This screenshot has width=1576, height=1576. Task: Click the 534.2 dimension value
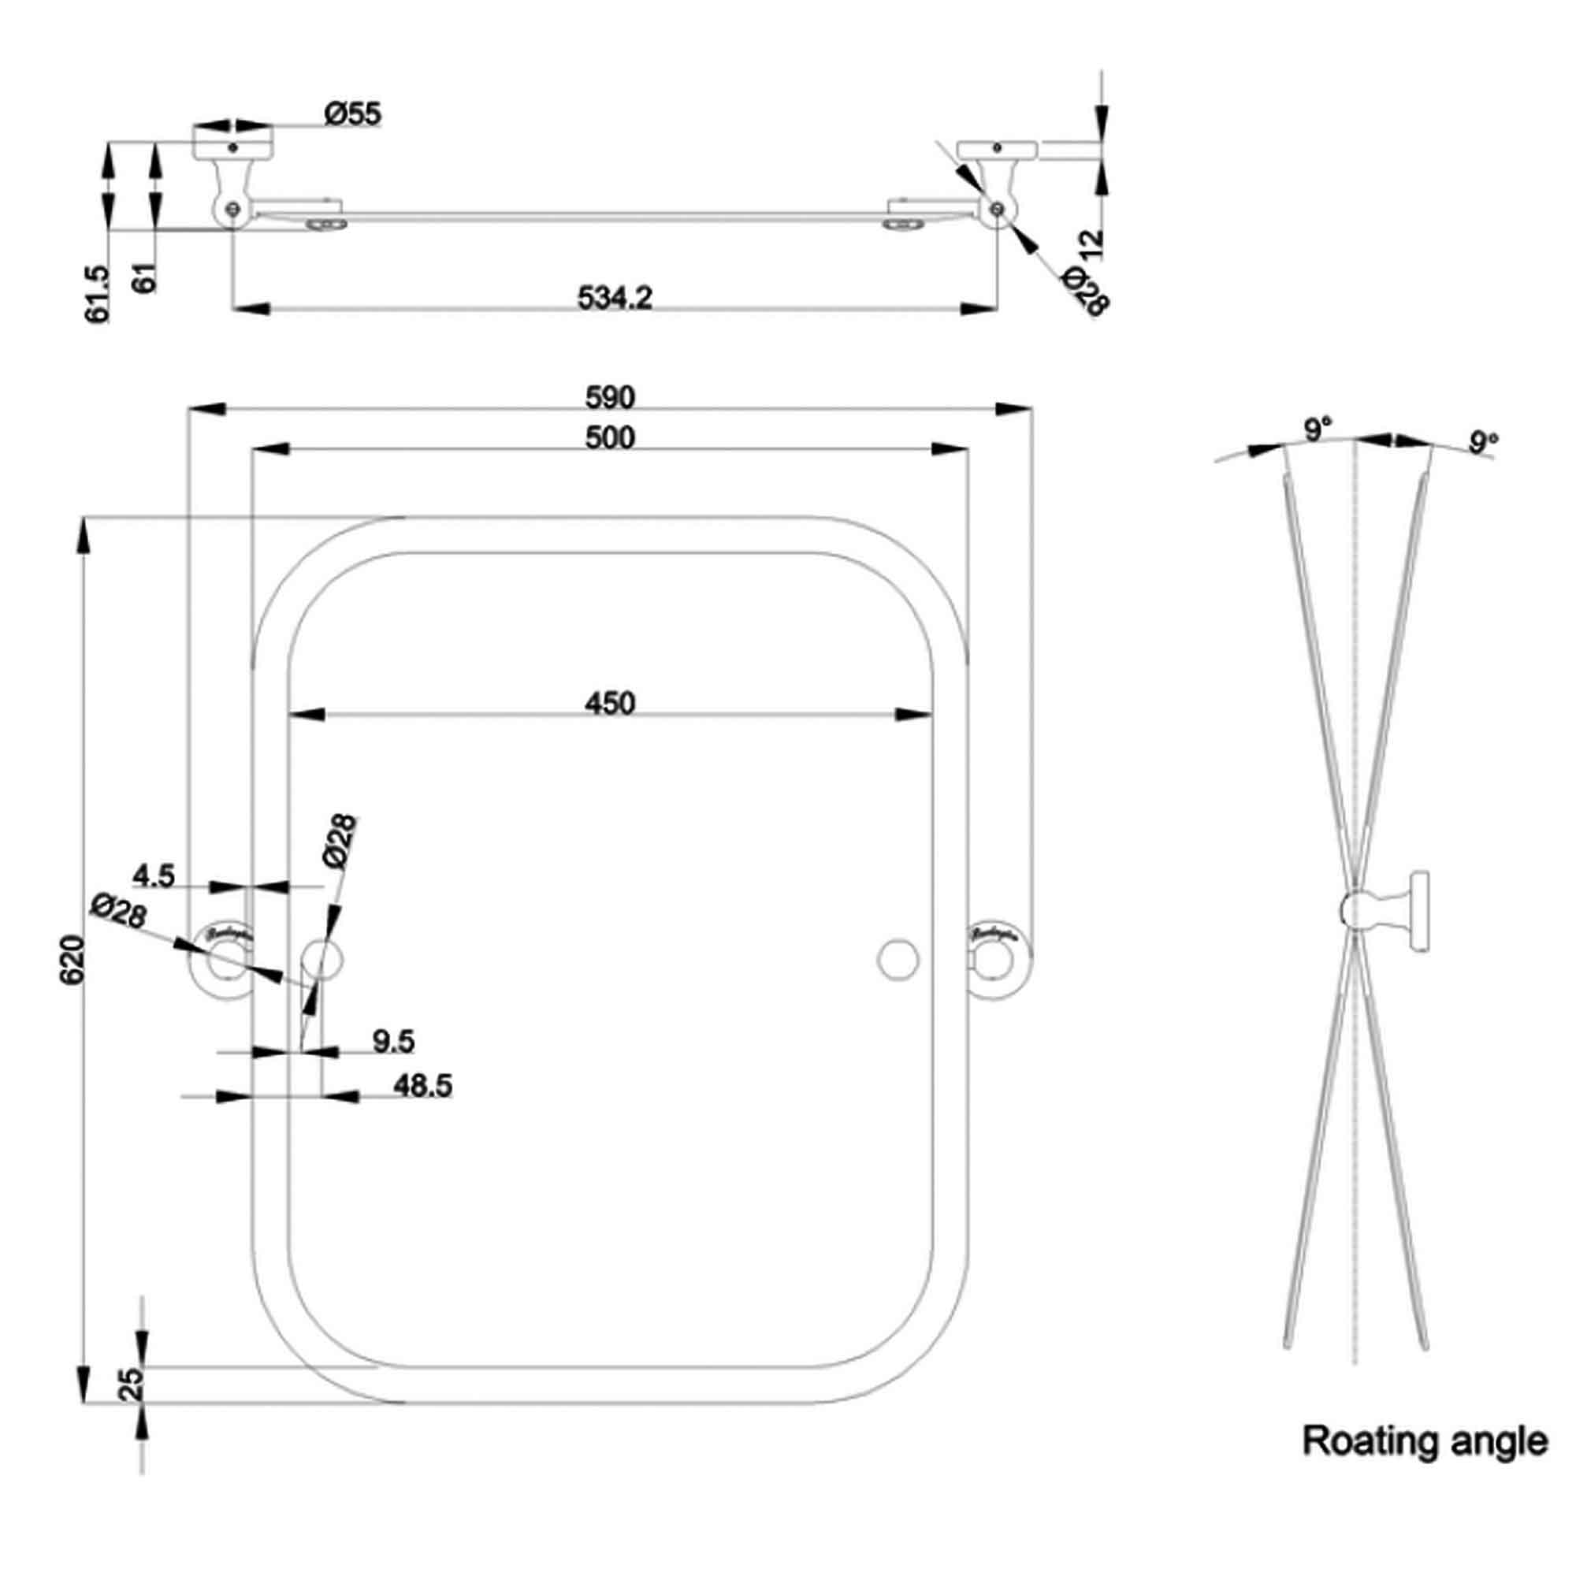click(x=615, y=297)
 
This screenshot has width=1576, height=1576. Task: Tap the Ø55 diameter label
click(x=352, y=113)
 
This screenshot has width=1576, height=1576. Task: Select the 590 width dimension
click(x=609, y=397)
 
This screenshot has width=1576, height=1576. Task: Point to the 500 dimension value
click(x=609, y=438)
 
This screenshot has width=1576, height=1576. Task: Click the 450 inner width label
click(x=609, y=702)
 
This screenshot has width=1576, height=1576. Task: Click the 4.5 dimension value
click(x=154, y=876)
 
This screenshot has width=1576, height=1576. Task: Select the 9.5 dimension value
click(x=393, y=1041)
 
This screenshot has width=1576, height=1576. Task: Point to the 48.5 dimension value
click(x=422, y=1086)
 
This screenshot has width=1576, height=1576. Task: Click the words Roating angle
click(x=1424, y=1441)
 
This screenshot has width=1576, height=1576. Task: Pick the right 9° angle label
click(x=1484, y=442)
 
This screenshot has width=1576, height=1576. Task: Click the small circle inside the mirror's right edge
click(x=898, y=958)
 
